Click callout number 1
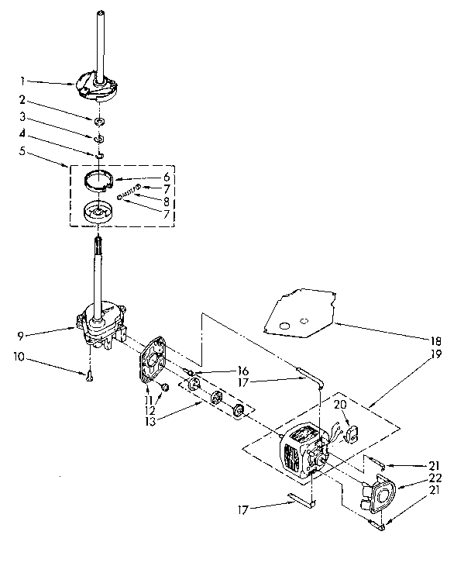[x=23, y=80]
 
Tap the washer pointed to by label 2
[x=99, y=122]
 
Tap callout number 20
[x=339, y=404]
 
